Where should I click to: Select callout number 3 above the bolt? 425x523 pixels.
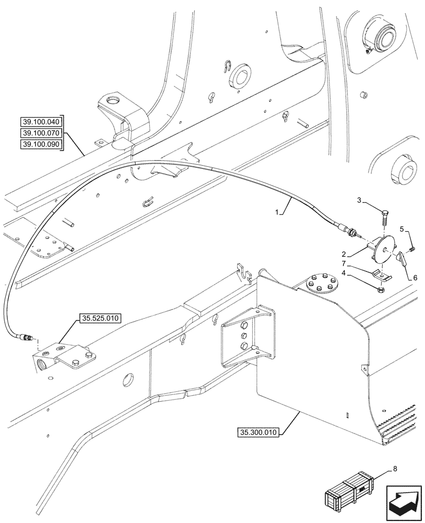(x=359, y=200)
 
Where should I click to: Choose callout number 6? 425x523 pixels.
(x=415, y=278)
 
